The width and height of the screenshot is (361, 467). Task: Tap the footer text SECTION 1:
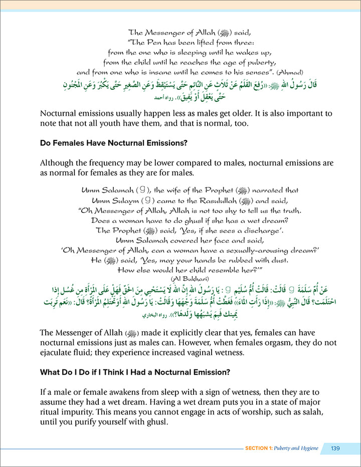pos(261,448)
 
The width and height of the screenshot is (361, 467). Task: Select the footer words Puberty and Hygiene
pos(299,448)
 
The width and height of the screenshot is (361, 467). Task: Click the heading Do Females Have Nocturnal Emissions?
pos(113,143)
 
